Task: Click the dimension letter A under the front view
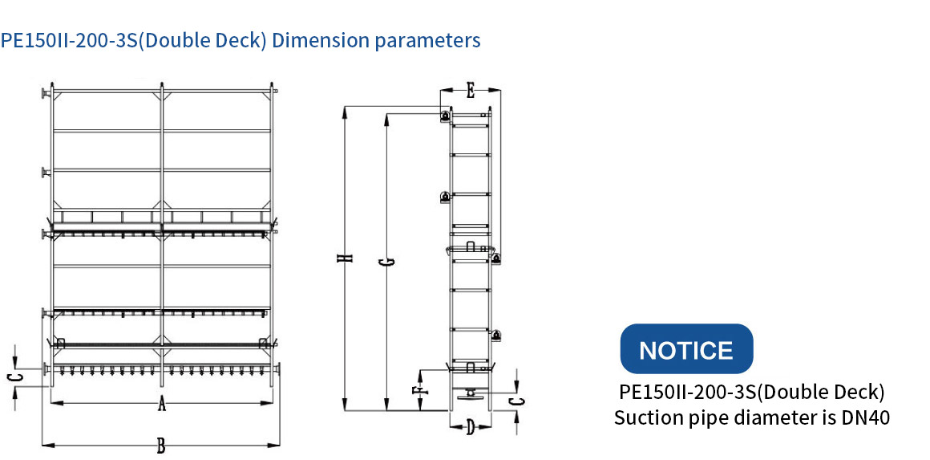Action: (x=160, y=405)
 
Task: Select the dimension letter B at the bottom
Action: (x=160, y=446)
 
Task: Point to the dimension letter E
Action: (x=470, y=92)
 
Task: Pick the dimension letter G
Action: (x=390, y=261)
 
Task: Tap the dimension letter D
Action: (x=470, y=427)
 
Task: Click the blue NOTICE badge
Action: (x=686, y=349)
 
